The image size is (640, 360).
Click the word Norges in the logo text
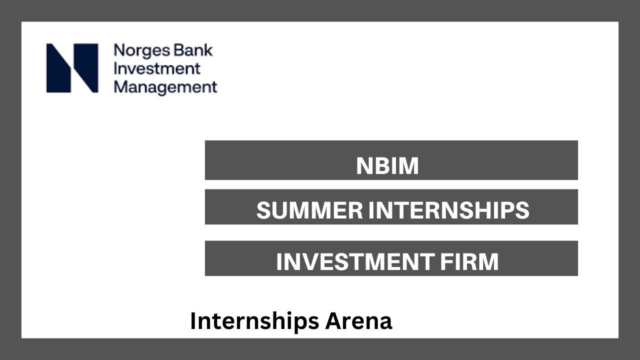(142, 51)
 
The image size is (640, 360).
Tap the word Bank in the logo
(193, 50)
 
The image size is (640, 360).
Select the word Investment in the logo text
(157, 68)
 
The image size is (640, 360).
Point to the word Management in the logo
(165, 87)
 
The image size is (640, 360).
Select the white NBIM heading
(387, 166)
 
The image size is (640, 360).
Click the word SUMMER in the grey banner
(309, 210)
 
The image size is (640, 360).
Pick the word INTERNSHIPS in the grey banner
(448, 210)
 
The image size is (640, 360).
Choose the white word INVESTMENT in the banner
(355, 261)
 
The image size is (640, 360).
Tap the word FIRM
(469, 261)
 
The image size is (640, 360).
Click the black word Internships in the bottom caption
(254, 321)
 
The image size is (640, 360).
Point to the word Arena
(358, 321)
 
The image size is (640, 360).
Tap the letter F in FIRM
(446, 261)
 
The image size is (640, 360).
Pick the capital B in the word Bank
(179, 50)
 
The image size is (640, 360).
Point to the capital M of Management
(121, 86)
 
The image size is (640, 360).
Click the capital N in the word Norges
(119, 50)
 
